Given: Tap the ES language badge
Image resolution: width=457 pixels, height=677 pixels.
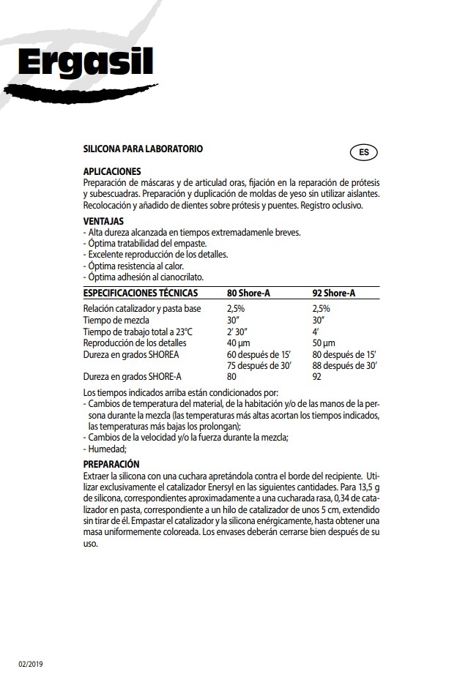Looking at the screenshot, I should click(x=363, y=153).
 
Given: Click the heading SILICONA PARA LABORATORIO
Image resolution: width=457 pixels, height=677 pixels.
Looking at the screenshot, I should click(x=143, y=149).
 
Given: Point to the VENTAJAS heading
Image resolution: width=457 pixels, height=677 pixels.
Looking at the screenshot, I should click(x=103, y=220).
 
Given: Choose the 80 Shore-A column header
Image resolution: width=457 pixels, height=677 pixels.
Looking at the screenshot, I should click(x=248, y=293).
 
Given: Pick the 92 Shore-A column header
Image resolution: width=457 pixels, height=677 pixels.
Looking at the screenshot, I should click(x=334, y=293).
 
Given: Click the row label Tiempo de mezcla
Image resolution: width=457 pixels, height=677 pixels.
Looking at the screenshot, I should click(x=116, y=320).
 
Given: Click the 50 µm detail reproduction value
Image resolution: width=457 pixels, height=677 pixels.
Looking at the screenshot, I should click(x=324, y=343).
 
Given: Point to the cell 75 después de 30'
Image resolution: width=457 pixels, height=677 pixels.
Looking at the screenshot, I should click(x=259, y=365).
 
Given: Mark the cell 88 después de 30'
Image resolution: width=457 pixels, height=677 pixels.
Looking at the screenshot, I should click(x=344, y=365).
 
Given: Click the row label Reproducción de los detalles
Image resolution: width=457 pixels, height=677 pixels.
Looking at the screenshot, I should click(x=135, y=343).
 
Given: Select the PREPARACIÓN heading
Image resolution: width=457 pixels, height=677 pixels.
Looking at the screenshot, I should click(x=111, y=464).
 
